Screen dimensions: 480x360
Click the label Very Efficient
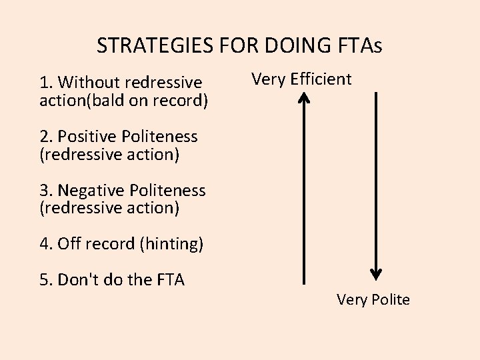coord(301,79)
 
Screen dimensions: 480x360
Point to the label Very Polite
coord(373,299)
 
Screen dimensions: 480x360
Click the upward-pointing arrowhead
coord(304,99)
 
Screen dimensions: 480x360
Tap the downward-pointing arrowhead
coord(376,273)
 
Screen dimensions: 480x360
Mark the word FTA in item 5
coord(170,280)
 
